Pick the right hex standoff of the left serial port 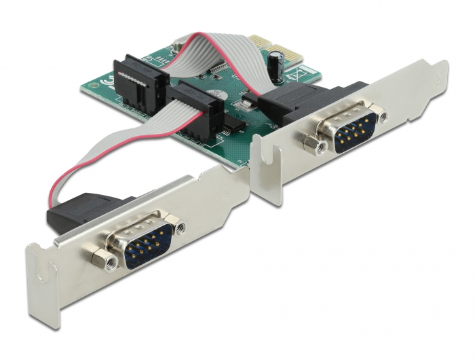181,228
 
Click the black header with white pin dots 136,82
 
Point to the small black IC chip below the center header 232,124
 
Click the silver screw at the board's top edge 176,47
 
